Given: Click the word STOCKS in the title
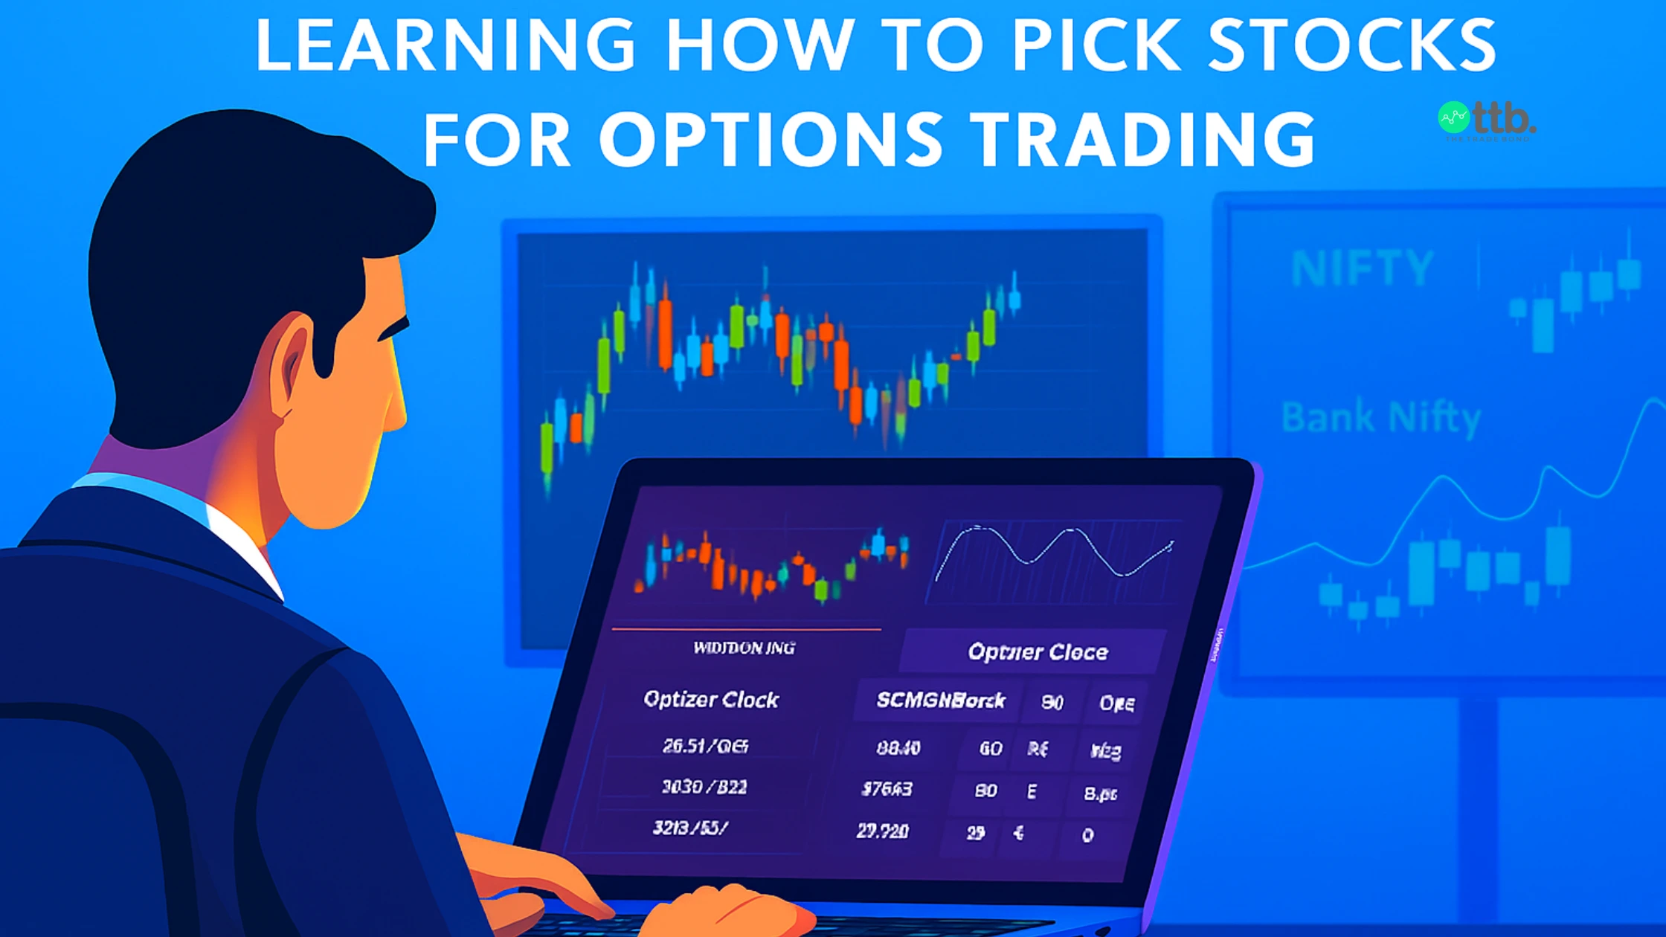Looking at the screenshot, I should (1352, 46).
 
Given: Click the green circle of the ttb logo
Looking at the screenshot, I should (1453, 117).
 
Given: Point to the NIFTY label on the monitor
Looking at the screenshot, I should (1363, 268).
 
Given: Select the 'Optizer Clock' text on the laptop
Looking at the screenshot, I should (711, 699).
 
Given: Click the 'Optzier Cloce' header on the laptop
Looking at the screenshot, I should (1038, 652).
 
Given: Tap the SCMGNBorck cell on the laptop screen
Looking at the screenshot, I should (940, 701).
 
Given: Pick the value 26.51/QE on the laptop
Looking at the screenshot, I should (705, 745).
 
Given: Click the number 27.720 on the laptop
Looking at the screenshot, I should (882, 831).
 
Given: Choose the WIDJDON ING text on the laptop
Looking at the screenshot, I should (744, 648).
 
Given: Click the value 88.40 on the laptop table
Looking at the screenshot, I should (898, 747).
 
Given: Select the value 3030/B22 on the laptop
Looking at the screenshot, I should (704, 787).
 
